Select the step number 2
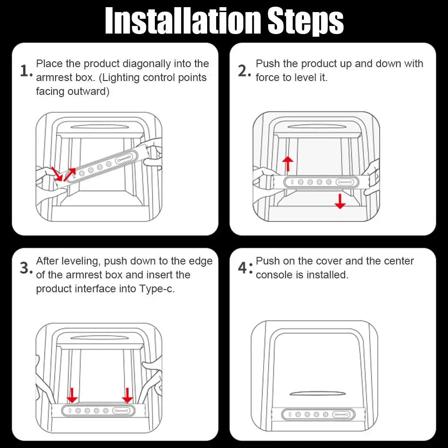pyautogui.click(x=244, y=71)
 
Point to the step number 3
pyautogui.click(x=26, y=268)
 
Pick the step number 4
pyautogui.click(x=245, y=268)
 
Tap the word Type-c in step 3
pyautogui.click(x=157, y=289)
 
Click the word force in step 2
pyautogui.click(x=268, y=77)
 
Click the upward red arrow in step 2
pyautogui.click(x=288, y=164)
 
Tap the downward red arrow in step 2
pyautogui.click(x=340, y=201)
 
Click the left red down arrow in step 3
pyautogui.click(x=72, y=395)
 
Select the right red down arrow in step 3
pyautogui.click(x=128, y=395)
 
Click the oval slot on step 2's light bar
pyautogui.click(x=345, y=182)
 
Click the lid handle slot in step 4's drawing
pyautogui.click(x=317, y=393)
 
